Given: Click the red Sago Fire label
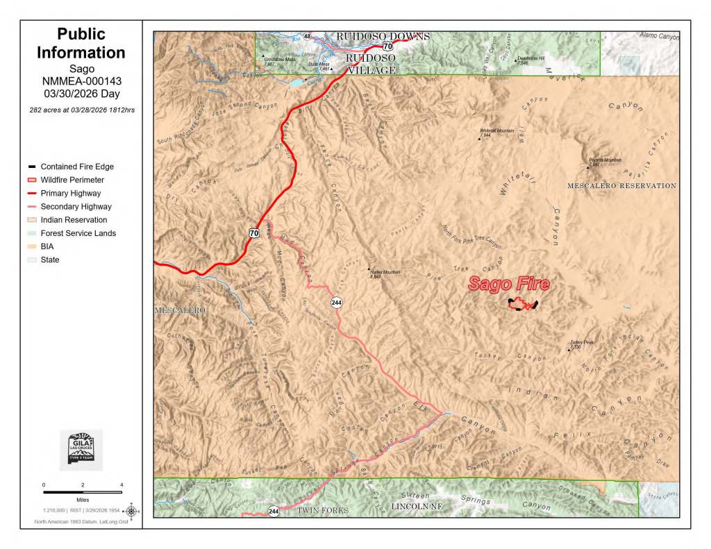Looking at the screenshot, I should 508,284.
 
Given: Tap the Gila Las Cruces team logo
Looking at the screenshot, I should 81,449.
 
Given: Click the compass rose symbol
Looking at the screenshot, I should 131,512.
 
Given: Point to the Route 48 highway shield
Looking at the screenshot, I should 307,36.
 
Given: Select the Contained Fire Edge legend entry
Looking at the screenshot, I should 76,167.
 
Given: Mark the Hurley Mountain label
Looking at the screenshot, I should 385,273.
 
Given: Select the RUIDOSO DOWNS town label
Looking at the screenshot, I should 383,36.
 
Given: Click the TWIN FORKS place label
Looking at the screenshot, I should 322,510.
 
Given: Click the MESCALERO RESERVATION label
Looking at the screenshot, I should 621,186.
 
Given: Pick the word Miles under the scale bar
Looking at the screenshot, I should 83,498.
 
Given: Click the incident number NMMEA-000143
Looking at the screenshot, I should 81,81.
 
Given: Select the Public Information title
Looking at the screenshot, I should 81,43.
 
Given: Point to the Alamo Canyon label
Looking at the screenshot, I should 659,35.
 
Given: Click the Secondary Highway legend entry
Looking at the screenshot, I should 76,207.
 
